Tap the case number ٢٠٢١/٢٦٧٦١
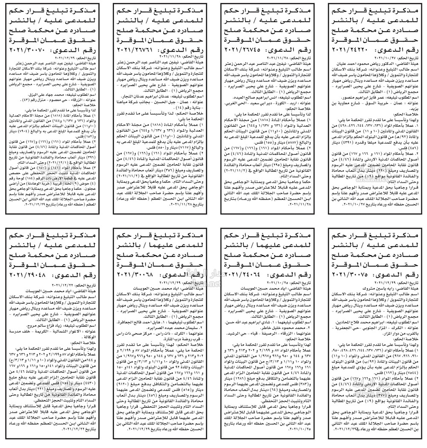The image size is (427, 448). coord(137,50)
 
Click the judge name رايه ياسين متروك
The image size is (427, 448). coord(378,288)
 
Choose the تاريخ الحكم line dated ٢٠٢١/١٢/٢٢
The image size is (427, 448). coord(73,284)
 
